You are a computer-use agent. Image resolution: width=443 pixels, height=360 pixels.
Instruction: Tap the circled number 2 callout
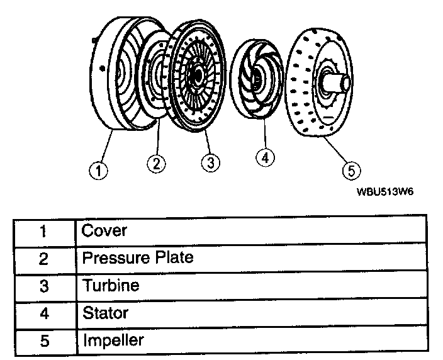pyautogui.click(x=156, y=164)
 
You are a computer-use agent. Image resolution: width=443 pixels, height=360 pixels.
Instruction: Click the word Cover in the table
pyautogui.click(x=104, y=230)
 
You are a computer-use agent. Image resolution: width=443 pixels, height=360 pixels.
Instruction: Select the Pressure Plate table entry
pyautogui.click(x=138, y=257)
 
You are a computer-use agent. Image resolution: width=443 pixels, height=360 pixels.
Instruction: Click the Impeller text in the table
pyautogui.click(x=113, y=340)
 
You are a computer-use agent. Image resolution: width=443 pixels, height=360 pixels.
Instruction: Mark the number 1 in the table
pyautogui.click(x=43, y=231)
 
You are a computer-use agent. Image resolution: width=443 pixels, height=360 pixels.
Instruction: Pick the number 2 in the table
pyautogui.click(x=43, y=258)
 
